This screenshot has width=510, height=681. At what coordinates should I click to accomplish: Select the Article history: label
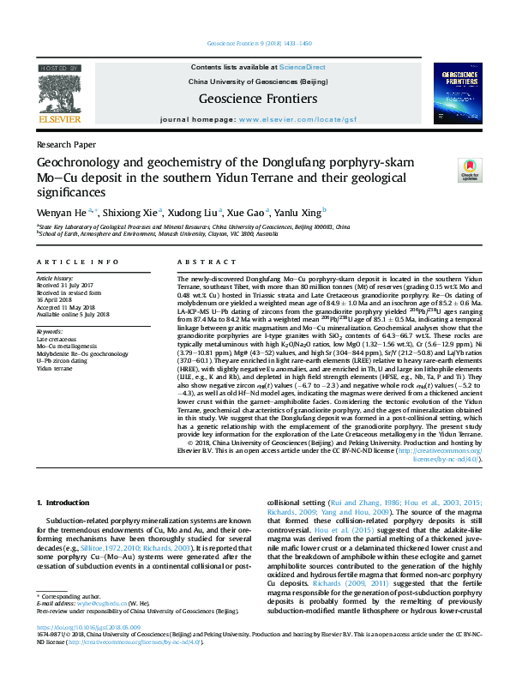click(56, 280)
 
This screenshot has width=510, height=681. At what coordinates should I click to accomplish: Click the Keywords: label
click(50, 330)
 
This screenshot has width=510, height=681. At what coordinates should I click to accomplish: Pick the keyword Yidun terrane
click(54, 368)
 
